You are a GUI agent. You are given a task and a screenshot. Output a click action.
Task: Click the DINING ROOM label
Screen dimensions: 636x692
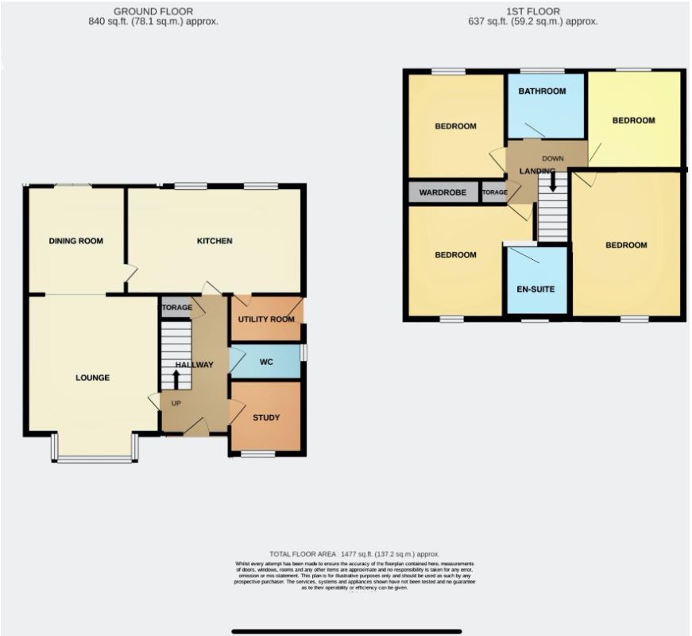[x=76, y=241]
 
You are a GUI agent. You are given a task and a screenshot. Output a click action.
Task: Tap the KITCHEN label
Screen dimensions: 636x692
[x=215, y=241]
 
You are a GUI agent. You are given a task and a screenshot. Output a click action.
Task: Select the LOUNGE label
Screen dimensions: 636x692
[x=92, y=378]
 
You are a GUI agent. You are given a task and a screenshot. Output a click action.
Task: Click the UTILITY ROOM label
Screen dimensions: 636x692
[x=266, y=320]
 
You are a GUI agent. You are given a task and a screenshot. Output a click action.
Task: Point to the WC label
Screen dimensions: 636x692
[x=267, y=363]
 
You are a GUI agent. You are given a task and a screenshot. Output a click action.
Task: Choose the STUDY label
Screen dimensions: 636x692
[x=266, y=417]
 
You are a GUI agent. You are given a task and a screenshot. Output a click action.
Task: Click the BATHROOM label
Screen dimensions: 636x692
[x=542, y=91]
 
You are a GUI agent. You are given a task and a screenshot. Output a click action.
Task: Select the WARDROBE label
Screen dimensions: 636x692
[x=443, y=192]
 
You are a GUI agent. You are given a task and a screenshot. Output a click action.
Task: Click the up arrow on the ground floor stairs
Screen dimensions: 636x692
[x=176, y=378]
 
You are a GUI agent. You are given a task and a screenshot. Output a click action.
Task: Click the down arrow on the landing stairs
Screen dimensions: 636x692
[x=553, y=182]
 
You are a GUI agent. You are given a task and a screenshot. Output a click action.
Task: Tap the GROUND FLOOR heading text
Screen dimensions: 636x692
[x=153, y=11]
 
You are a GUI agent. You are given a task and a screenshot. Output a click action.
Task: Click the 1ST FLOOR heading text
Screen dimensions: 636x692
[x=532, y=11]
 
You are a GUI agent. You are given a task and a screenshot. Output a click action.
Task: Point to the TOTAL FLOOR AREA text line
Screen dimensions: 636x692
[x=354, y=553]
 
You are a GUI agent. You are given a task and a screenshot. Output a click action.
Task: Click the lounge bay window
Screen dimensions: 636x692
[x=95, y=459]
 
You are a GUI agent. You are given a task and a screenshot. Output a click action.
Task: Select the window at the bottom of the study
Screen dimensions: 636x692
[x=257, y=454]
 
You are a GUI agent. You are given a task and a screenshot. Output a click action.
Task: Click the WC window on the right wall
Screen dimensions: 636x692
[x=303, y=352]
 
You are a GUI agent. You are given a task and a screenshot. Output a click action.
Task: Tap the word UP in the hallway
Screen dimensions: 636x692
[x=176, y=403]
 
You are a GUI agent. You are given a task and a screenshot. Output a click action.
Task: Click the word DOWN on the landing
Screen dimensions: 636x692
[x=553, y=158]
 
